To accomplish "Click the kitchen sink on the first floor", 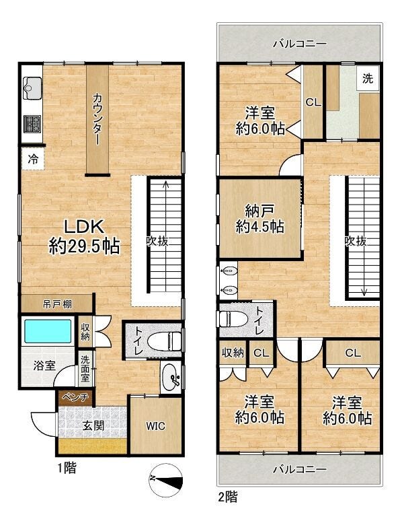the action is [x=32, y=88].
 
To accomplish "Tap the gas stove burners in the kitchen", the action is [x=32, y=123].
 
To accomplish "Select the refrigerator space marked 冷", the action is [x=32, y=160].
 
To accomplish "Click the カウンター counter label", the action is [x=97, y=119].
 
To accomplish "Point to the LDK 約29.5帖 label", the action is [x=84, y=237].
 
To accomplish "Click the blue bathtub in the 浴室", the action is [x=48, y=331].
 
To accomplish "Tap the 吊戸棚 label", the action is [x=57, y=304].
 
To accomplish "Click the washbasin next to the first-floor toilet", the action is [x=171, y=376].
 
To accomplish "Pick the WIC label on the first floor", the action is [x=156, y=426].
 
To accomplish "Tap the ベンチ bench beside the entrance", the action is [x=75, y=398].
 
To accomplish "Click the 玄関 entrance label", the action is [x=93, y=426].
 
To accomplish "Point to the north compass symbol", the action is [x=166, y=481].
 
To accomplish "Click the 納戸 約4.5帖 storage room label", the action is [x=259, y=219].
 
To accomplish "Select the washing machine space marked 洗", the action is [x=368, y=79].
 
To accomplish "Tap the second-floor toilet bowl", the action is [x=231, y=319].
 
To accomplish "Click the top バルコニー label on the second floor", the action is [x=299, y=44].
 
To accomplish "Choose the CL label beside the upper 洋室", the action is [x=313, y=102].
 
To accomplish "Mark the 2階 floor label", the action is [x=227, y=497].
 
